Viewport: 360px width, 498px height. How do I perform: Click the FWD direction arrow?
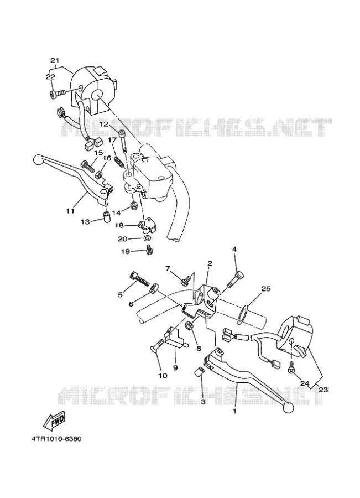pos(54,421)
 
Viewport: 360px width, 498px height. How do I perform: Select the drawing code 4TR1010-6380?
pos(56,439)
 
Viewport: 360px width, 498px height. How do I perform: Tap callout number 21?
pos(55,60)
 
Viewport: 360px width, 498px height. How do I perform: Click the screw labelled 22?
pos(58,94)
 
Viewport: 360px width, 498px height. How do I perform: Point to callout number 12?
pos(105,124)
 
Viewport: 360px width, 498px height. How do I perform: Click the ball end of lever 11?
pos(38,159)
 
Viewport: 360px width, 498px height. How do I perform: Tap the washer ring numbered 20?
pos(147,238)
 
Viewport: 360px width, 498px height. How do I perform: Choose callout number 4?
pos(234,250)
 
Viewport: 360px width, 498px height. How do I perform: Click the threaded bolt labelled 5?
pos(139,279)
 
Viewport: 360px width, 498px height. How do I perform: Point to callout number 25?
pos(265,289)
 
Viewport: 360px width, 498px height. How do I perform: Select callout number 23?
pos(323,390)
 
